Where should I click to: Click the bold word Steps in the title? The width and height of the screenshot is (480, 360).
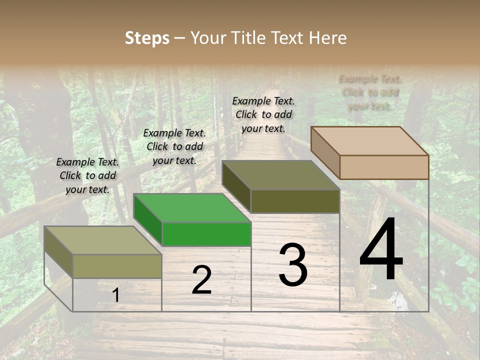147,38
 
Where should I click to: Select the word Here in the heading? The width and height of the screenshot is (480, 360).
327,38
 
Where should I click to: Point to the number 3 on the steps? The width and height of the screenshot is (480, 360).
292,265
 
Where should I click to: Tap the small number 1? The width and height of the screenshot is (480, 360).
115,295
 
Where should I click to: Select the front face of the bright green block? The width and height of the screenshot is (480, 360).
206,234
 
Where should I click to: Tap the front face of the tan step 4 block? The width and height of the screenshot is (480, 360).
384,167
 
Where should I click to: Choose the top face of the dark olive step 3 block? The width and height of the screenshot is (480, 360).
280,174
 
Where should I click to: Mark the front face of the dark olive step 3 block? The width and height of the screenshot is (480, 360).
295,201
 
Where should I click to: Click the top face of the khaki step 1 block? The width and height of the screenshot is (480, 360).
103,240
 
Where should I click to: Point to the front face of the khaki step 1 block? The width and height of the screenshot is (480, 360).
117,266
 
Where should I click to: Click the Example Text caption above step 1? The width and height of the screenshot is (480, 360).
87,175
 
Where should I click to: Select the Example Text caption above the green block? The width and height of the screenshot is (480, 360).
174,146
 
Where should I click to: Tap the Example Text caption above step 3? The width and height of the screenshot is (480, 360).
263,114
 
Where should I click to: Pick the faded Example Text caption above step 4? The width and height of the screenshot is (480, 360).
370,92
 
